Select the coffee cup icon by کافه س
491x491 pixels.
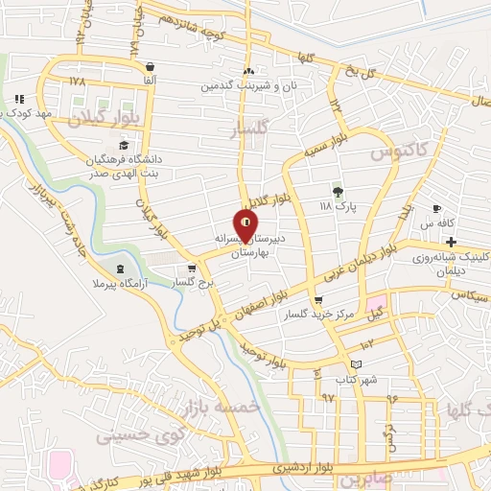tap(437, 208)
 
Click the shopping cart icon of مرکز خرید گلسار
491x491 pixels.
tap(318, 299)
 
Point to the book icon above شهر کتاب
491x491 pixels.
tap(357, 364)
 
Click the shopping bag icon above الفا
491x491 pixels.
tap(149, 66)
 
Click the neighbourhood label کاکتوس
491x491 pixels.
tap(393, 149)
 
